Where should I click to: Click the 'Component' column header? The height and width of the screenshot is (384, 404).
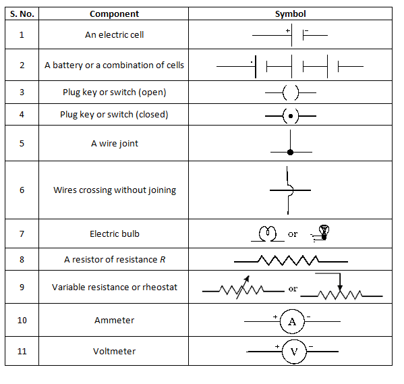tap(114, 13)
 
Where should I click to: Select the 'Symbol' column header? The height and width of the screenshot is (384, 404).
tap(290, 13)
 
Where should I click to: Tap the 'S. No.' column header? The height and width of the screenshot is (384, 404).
tap(22, 13)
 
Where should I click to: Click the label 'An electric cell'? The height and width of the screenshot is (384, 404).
tap(114, 34)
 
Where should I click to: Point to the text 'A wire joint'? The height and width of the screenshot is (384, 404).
tap(114, 144)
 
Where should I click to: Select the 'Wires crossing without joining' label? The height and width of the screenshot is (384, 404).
tap(114, 190)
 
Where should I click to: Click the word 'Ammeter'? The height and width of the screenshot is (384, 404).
tap(114, 320)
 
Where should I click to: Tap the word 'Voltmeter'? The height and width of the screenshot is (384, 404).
tap(114, 351)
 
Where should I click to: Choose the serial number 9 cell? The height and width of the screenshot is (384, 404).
tap(22, 287)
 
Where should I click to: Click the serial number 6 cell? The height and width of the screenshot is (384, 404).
tap(22, 190)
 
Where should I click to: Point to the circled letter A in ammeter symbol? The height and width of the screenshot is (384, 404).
tap(291, 322)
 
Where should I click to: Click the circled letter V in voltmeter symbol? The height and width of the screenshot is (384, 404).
tap(293, 352)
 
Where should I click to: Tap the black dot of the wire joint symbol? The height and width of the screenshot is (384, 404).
tap(290, 153)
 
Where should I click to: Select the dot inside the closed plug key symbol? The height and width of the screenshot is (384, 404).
tap(290, 116)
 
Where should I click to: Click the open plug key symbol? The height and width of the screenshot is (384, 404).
tap(290, 92)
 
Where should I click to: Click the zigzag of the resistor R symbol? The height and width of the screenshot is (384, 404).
tap(290, 260)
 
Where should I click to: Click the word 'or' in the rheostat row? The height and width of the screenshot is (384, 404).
tap(293, 289)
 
